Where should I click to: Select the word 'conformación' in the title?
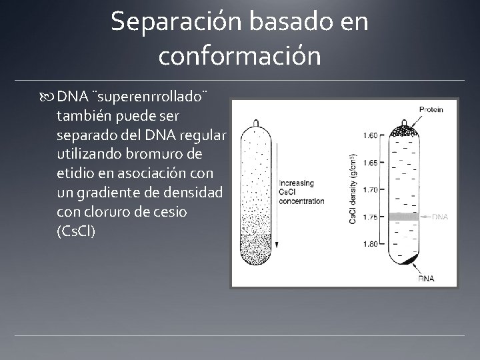(239, 55)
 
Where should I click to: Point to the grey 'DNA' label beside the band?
(440, 216)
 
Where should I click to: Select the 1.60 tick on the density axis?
(371, 135)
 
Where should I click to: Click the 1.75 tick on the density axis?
(371, 217)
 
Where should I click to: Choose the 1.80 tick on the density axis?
(371, 244)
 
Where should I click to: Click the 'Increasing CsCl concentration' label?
(302, 192)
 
